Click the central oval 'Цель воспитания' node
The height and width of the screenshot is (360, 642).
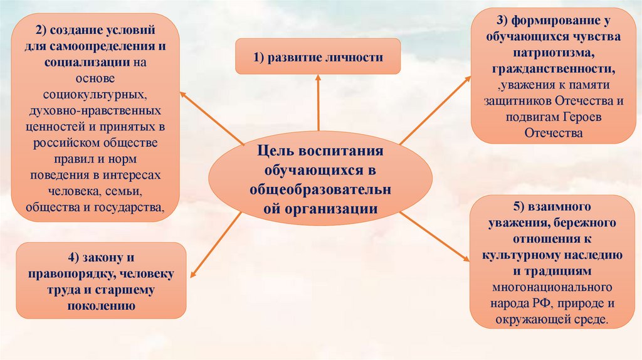[320, 179]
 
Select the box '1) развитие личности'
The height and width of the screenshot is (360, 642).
[318, 57]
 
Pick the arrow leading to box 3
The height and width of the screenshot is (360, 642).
[435, 110]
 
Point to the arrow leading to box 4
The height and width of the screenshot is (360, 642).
[214, 245]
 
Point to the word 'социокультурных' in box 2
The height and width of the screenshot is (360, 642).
[96, 94]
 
